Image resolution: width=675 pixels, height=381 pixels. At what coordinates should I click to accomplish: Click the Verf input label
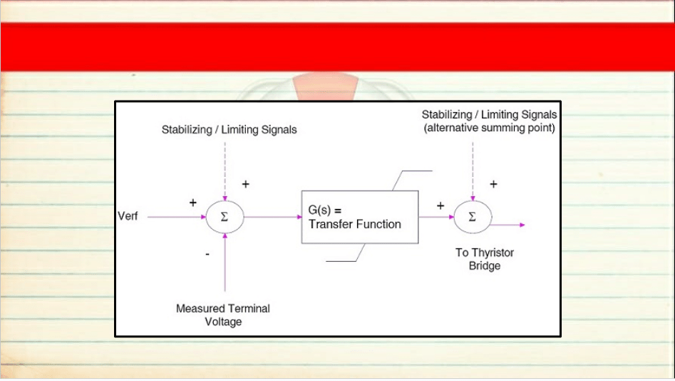point(128,216)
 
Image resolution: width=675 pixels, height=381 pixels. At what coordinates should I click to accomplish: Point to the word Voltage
point(223,322)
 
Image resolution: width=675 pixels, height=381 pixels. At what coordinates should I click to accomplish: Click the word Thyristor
point(493,253)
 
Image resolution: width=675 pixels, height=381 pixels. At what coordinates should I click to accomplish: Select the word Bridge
point(485,266)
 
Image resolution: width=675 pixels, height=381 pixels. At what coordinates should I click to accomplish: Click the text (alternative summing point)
point(490,128)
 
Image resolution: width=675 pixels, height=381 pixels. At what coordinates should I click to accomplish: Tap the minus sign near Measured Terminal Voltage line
point(207,254)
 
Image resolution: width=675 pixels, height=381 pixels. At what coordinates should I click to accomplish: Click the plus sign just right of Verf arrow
point(193,203)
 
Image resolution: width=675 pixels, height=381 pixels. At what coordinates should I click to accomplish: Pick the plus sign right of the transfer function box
point(440,205)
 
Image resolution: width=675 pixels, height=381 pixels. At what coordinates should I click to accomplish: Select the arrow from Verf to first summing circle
point(177,217)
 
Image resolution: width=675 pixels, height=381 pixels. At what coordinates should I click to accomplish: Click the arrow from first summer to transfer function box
point(273,217)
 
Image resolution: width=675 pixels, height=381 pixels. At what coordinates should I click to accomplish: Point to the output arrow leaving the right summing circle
point(508,225)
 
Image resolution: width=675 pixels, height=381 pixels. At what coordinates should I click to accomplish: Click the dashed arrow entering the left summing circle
point(225,171)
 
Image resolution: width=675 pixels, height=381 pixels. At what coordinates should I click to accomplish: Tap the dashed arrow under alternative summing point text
point(473,171)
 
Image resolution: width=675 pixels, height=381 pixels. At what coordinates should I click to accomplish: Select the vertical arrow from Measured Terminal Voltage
point(225,263)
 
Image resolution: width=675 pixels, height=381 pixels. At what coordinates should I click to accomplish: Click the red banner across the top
point(338,46)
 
